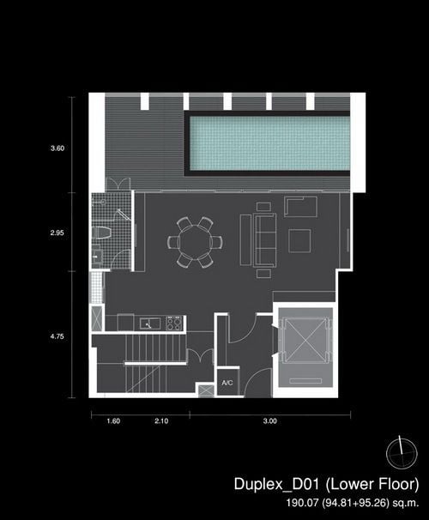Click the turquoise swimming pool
click(269, 143)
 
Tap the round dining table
click(195, 242)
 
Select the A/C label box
click(227, 382)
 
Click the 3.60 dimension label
click(57, 148)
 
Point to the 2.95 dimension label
click(57, 233)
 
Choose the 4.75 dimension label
click(57, 336)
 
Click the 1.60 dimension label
click(113, 420)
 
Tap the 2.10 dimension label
click(161, 420)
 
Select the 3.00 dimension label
click(270, 420)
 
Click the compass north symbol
click(402, 453)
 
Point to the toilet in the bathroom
click(101, 233)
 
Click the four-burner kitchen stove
click(174, 323)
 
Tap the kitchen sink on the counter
click(150, 323)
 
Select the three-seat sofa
click(265, 240)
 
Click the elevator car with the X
click(305, 341)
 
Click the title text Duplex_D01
click(276, 484)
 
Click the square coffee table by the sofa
click(299, 241)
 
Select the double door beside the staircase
click(200, 356)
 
